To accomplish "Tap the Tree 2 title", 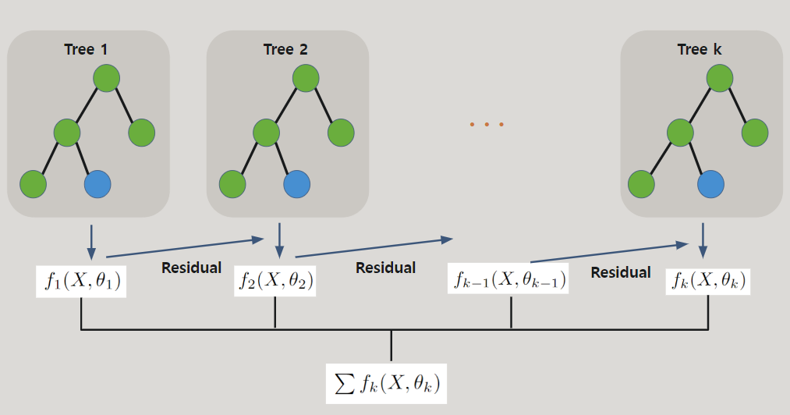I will (x=285, y=50).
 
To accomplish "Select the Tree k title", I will (x=699, y=50).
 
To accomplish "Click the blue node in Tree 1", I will (x=97, y=184).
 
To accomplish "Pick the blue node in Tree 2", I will (x=297, y=184).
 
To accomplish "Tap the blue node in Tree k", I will (x=710, y=184).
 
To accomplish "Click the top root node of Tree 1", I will (x=106, y=78).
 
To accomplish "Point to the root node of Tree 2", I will (x=306, y=78).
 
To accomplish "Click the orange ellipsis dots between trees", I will (x=487, y=124).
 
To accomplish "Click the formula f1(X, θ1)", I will (x=81, y=281).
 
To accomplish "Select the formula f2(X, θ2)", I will (x=275, y=281).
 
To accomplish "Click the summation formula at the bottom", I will (x=387, y=383).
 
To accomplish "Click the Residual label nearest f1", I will (x=191, y=268).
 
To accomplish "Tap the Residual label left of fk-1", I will (x=385, y=268).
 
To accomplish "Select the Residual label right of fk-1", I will (x=620, y=272).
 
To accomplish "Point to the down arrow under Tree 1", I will (x=91, y=241).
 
